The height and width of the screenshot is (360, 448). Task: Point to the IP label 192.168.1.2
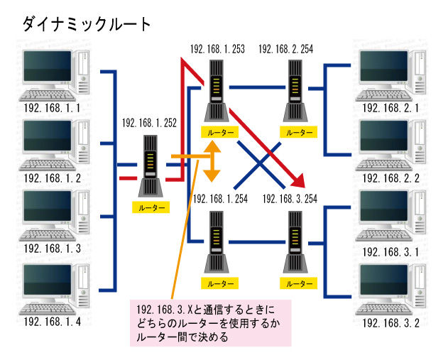(52, 178)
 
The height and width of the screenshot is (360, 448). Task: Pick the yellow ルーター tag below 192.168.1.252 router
(151, 208)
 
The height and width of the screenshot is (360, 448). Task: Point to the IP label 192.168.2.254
(286, 49)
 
